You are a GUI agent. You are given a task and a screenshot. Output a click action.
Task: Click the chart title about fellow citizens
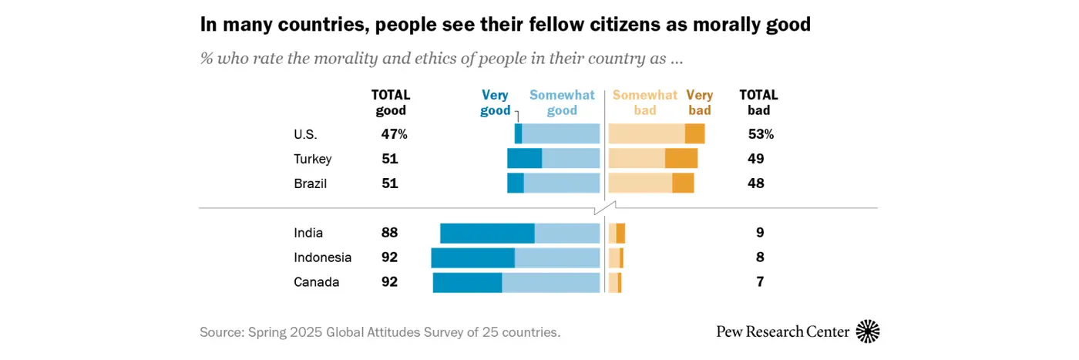tap(505, 25)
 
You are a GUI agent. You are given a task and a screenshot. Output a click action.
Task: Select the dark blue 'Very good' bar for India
tap(487, 233)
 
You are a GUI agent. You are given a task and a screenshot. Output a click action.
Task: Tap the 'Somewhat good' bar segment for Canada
tap(550, 282)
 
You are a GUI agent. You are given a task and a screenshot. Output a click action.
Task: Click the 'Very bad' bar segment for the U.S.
tap(694, 133)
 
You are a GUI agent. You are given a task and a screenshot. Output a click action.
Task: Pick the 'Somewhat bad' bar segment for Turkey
tap(637, 159)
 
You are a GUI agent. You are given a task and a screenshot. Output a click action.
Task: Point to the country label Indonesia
tap(322, 257)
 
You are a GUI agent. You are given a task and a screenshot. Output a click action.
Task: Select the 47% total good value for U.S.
tap(394, 134)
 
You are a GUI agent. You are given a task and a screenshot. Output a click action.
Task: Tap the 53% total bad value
tap(760, 134)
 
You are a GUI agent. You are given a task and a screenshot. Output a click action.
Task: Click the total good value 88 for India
tap(389, 233)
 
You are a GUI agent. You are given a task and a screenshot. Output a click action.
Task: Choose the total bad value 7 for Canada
tap(759, 282)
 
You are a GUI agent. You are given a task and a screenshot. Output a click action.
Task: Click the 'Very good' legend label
tap(496, 103)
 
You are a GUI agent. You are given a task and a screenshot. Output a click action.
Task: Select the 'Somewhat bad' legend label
tap(644, 103)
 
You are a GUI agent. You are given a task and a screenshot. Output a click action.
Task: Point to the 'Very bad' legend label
tap(699, 103)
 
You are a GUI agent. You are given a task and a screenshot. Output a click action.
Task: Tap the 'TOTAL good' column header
tap(391, 103)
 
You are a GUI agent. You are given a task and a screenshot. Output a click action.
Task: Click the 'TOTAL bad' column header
tap(758, 103)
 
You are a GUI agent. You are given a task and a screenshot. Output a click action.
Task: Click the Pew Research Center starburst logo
tap(868, 331)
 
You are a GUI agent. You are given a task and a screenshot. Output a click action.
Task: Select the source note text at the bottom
tap(380, 332)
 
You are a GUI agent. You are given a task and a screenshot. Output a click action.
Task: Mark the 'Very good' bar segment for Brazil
tap(515, 183)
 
